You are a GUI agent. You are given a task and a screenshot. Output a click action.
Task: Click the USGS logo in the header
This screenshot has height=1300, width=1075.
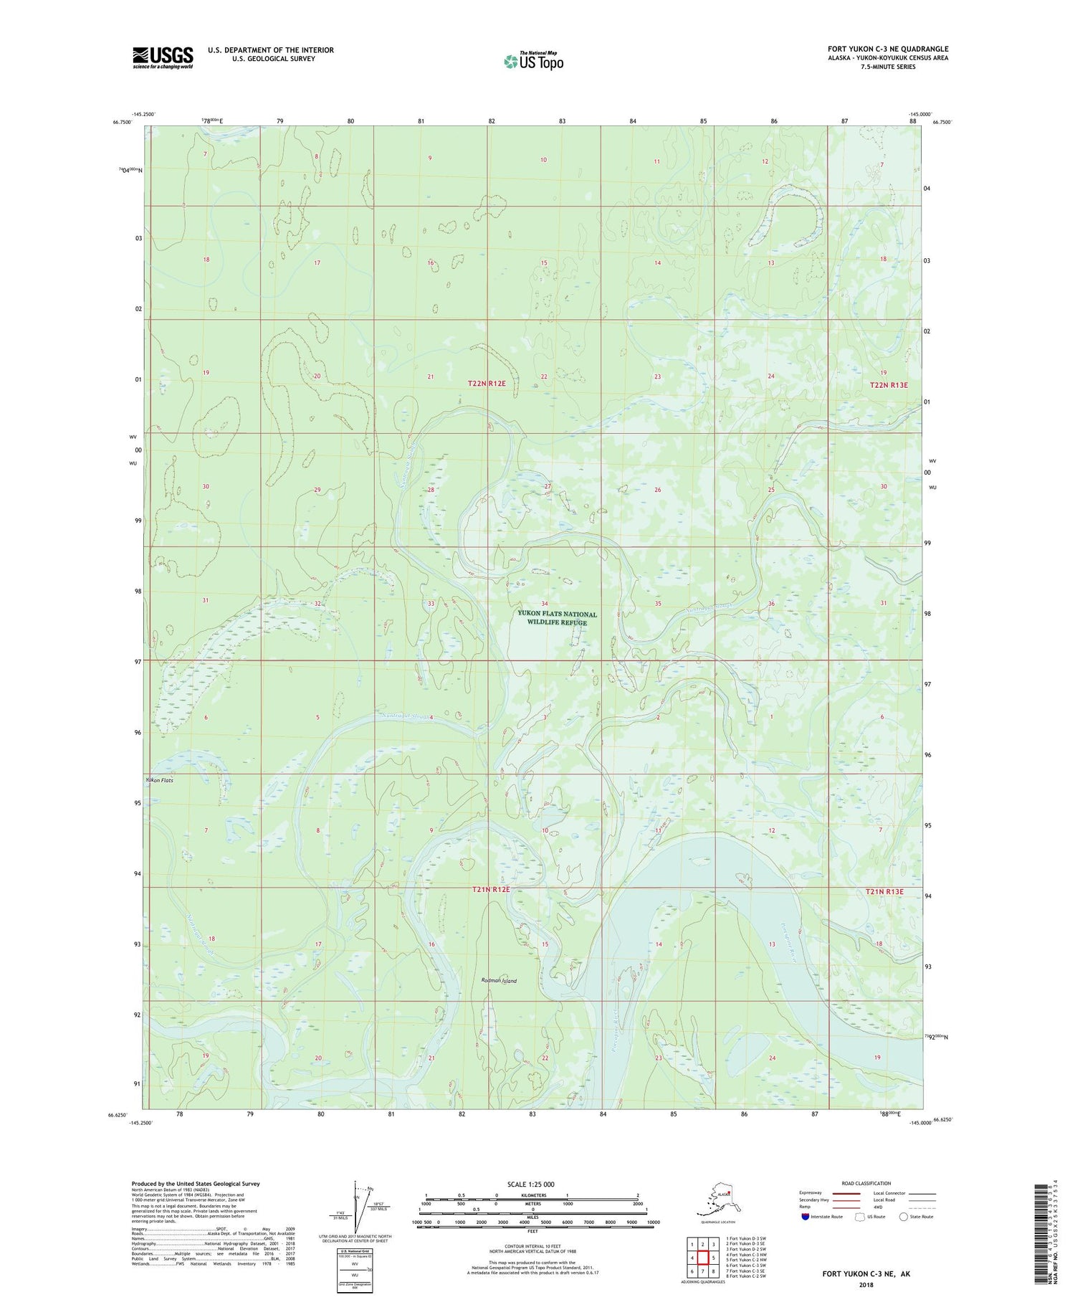tap(163, 57)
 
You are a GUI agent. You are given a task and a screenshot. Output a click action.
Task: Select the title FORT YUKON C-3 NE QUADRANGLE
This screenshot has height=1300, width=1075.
tap(887, 49)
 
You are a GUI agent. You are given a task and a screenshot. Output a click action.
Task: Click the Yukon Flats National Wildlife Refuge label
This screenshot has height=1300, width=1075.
tap(558, 618)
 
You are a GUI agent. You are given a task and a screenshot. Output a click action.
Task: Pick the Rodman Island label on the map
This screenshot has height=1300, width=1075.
tap(499, 980)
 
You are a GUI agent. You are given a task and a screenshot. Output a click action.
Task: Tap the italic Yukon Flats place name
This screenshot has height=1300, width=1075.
tap(159, 779)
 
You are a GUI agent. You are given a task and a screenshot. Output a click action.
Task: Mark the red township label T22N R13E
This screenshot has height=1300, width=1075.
tap(889, 385)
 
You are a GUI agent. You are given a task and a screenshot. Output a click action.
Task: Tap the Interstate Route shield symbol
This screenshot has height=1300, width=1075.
tap(806, 1217)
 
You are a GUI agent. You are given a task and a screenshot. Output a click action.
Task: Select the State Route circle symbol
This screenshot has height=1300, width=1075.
tap(904, 1217)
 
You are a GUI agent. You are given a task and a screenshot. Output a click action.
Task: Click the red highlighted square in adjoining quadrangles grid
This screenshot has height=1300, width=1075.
tap(704, 1257)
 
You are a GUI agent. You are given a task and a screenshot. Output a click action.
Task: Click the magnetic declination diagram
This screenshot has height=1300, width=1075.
tap(356, 1210)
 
